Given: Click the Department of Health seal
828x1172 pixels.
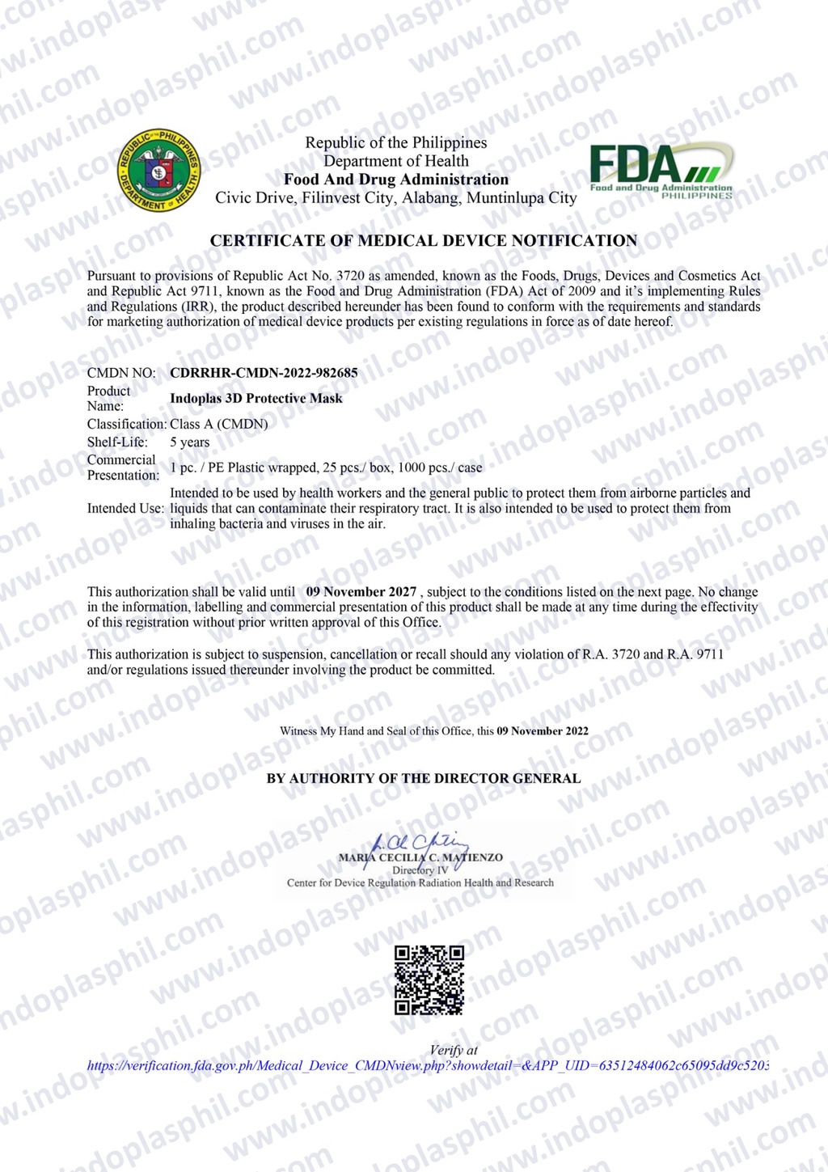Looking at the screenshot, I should (x=159, y=169).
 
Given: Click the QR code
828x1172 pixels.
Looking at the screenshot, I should (x=429, y=979).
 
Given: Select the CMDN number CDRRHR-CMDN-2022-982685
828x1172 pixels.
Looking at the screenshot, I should (x=264, y=373).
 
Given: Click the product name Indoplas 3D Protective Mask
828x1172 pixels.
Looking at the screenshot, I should (x=256, y=399).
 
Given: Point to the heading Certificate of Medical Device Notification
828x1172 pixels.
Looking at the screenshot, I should (x=424, y=241).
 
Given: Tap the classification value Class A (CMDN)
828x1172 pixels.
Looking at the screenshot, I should (x=218, y=424).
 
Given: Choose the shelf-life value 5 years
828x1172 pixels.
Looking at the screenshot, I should (x=189, y=442).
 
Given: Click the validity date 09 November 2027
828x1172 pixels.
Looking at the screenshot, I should (x=361, y=592).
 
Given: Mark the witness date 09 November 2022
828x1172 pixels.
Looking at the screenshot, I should (x=543, y=731).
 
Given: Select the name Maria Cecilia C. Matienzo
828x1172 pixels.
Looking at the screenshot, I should (x=420, y=857).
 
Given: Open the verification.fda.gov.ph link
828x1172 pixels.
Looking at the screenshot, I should (x=428, y=1066).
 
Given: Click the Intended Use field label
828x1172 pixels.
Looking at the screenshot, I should (x=125, y=509).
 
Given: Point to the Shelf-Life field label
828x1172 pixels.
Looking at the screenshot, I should (x=117, y=442).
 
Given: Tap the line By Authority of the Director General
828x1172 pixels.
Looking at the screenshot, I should (x=424, y=779).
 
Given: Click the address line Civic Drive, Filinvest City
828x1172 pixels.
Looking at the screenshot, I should (x=396, y=198).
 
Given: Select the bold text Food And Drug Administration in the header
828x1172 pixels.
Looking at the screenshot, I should (x=396, y=180).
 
